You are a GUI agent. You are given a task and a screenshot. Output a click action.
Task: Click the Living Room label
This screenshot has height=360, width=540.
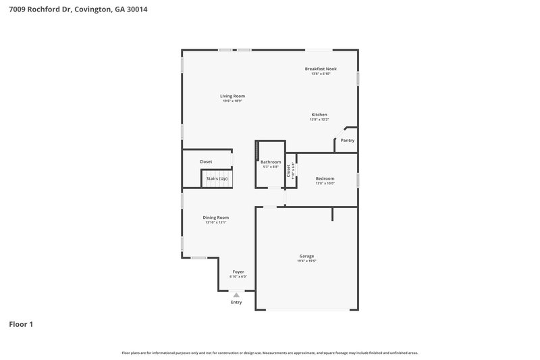232,96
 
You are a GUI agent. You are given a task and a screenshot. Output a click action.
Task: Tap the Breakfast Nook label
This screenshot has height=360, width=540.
321,69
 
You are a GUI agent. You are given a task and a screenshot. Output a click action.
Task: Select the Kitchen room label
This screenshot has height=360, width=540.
319,114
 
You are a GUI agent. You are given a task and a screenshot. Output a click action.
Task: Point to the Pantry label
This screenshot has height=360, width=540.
347,140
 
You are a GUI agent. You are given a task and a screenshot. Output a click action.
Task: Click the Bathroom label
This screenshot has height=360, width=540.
271,162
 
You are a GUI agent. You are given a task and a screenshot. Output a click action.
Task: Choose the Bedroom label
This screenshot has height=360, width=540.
325,178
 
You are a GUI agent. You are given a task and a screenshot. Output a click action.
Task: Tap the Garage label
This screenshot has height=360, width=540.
306,256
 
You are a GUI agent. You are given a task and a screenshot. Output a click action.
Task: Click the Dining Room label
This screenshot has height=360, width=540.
216,217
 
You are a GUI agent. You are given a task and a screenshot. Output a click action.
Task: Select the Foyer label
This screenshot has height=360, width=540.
238,272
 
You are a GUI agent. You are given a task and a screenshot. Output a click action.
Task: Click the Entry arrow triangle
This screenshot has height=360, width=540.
236,294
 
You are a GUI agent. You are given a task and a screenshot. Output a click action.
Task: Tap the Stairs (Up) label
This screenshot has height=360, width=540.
217,178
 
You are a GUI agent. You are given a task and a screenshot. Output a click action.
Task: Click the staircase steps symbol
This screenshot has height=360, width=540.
217,180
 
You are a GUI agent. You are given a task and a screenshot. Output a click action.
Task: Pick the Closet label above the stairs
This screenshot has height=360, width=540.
206,162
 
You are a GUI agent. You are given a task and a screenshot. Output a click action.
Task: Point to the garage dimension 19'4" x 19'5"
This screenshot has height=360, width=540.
306,261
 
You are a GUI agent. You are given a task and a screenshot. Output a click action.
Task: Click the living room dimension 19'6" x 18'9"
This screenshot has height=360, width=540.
232,101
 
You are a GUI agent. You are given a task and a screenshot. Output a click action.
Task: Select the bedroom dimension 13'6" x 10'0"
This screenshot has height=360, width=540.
325,183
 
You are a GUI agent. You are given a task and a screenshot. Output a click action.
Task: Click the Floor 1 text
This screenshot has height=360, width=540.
21,324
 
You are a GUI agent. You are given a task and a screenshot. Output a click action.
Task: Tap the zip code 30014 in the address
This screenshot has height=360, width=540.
136,9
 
